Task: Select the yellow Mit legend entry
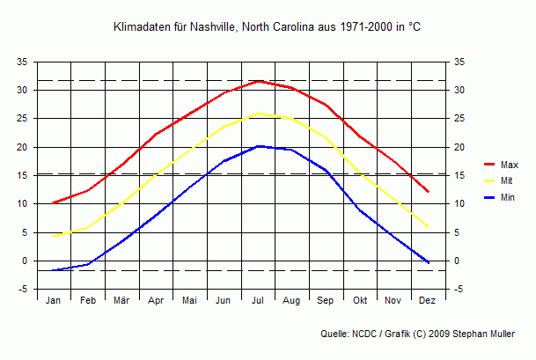pyautogui.click(x=498, y=181)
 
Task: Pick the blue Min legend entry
pyautogui.click(x=499, y=198)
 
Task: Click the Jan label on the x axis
pyautogui.click(x=54, y=301)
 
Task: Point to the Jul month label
pyautogui.click(x=258, y=301)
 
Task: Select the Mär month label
pyautogui.click(x=121, y=301)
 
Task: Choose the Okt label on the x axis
pyautogui.click(x=360, y=301)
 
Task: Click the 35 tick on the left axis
pyautogui.click(x=23, y=62)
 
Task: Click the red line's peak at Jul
pyautogui.click(x=258, y=81)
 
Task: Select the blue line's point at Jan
pyautogui.click(x=54, y=270)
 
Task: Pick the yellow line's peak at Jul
pyautogui.click(x=258, y=114)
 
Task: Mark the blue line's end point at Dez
pyautogui.click(x=429, y=263)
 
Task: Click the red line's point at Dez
pyautogui.click(x=429, y=192)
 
